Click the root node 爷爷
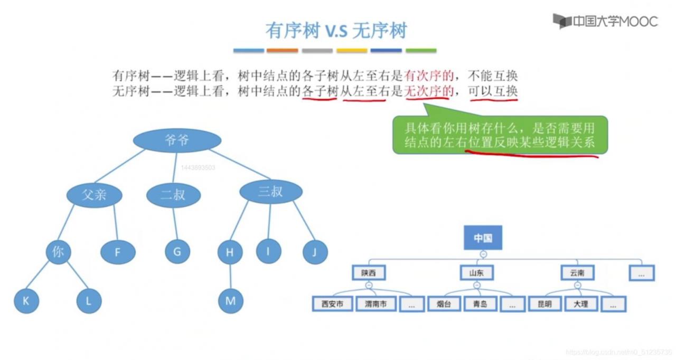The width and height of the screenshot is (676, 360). (177, 140)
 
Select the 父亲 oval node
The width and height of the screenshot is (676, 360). (95, 195)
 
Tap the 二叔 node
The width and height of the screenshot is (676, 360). (173, 195)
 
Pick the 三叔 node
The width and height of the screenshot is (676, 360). (270, 192)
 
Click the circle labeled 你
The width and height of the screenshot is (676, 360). (58, 252)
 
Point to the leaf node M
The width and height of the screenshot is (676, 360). (230, 301)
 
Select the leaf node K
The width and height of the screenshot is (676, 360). (26, 301)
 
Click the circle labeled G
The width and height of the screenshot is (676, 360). (177, 252)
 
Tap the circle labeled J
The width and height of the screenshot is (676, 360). (315, 252)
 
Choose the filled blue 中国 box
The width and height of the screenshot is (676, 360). (483, 238)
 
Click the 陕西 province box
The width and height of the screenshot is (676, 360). (369, 273)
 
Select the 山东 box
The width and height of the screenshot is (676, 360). (476, 273)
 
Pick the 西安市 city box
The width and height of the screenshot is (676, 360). (332, 304)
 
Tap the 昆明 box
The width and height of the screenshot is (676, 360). (544, 304)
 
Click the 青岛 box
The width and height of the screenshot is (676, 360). (480, 304)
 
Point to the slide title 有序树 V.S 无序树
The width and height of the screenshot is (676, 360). (336, 31)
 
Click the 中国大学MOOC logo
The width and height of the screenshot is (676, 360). (605, 22)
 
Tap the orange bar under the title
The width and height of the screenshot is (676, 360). (282, 51)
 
